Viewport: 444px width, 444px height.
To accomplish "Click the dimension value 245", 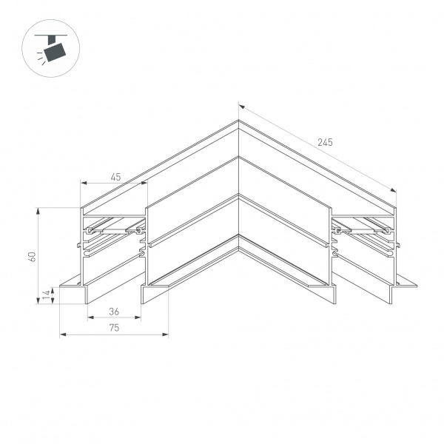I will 324,142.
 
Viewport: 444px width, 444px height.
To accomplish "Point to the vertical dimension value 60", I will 31,256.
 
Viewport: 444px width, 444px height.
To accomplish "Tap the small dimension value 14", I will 46,295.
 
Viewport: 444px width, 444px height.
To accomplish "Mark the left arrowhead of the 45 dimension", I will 83,183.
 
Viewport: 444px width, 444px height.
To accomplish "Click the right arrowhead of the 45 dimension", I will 144,183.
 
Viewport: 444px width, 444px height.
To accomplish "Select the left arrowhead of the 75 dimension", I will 61,335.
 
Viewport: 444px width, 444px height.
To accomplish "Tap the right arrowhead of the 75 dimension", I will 166,335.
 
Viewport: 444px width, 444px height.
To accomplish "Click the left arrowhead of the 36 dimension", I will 90,319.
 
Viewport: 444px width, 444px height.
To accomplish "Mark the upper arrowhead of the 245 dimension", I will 241,107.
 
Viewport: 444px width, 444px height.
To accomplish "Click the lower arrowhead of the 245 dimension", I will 394,190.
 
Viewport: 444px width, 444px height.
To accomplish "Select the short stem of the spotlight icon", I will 53,39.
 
